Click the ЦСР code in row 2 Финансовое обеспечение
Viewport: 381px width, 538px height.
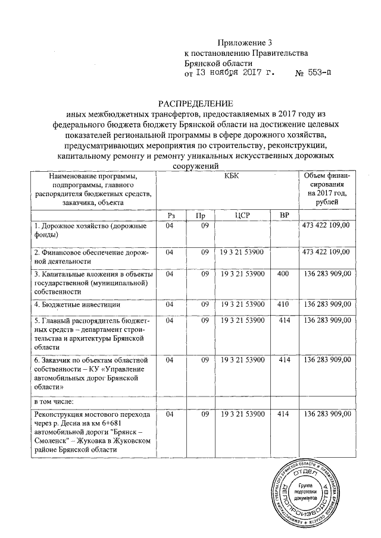pyautogui.click(x=242, y=253)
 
